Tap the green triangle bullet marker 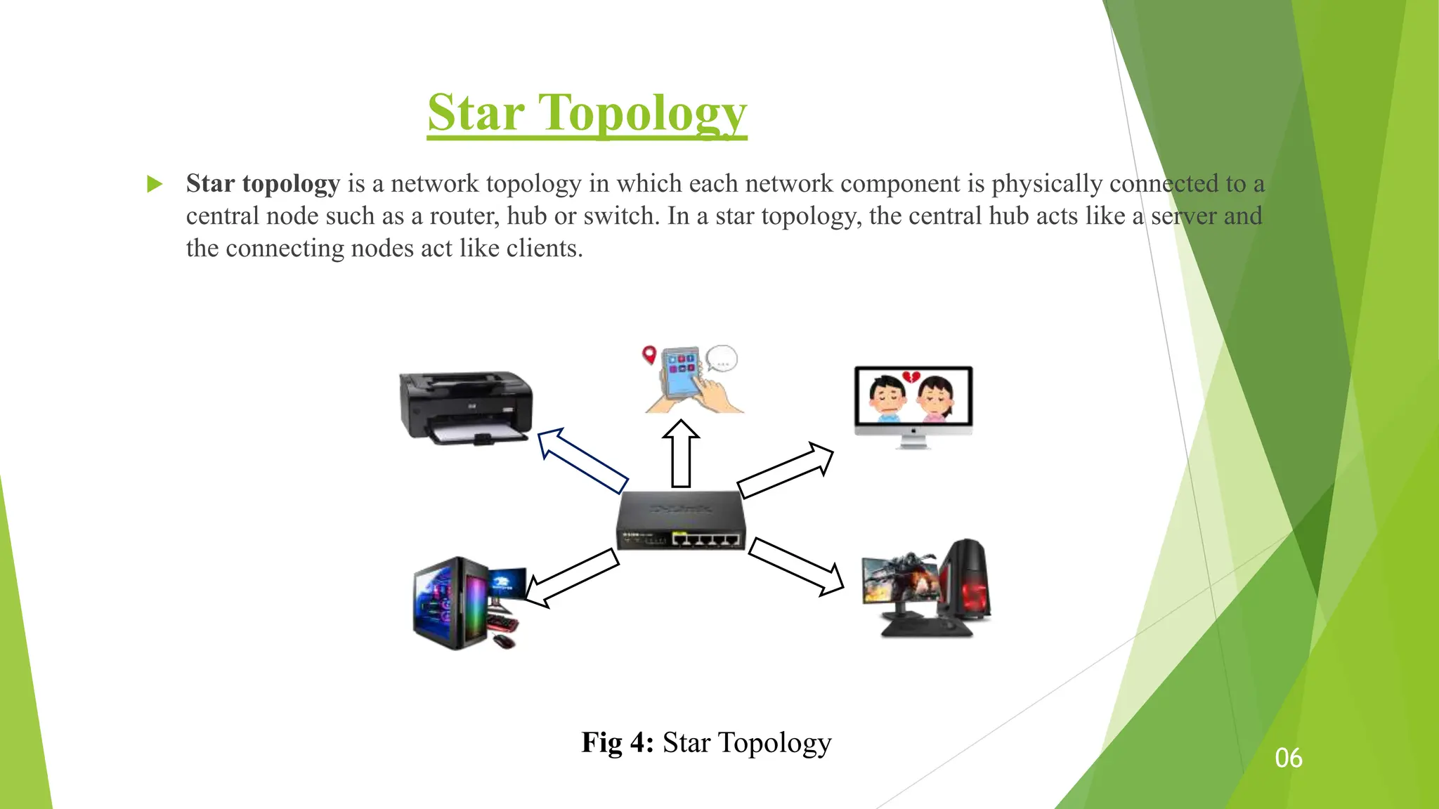[x=155, y=185]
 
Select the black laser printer [x=466, y=407]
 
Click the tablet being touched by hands [x=681, y=373]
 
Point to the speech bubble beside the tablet [x=722, y=359]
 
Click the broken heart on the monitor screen [x=911, y=379]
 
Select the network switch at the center [x=680, y=520]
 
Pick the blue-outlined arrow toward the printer [x=581, y=461]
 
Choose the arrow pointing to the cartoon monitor [x=786, y=470]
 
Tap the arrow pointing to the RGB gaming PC [x=571, y=578]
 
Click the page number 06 [x=1289, y=758]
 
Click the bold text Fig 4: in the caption [x=618, y=742]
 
